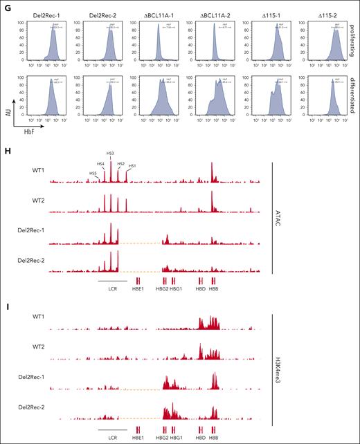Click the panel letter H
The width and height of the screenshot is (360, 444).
(x=5, y=138)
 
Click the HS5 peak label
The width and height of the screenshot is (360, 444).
(x=93, y=173)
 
